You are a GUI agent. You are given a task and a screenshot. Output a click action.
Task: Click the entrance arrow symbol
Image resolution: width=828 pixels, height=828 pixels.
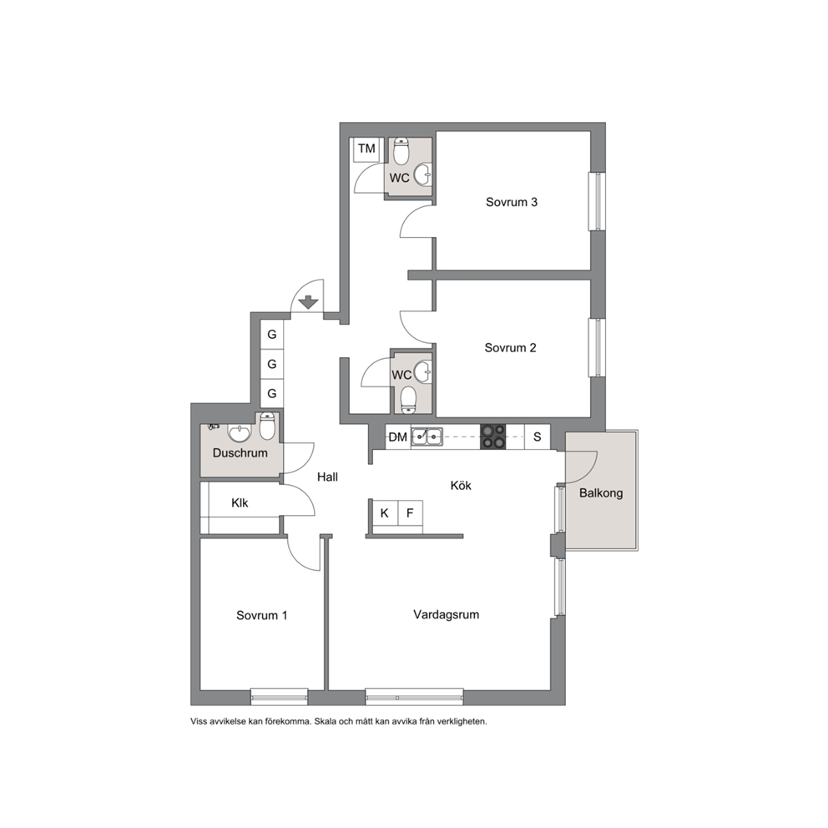coord(308,303)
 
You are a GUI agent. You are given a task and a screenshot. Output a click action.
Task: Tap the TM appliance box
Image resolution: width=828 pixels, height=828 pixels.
coord(366,150)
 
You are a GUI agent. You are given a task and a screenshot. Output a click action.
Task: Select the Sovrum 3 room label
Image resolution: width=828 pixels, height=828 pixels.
coord(511,202)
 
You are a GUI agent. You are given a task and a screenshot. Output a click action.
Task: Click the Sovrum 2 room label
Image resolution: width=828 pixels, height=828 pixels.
coord(510,347)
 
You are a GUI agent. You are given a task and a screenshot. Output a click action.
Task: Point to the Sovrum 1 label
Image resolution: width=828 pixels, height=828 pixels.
coord(261,615)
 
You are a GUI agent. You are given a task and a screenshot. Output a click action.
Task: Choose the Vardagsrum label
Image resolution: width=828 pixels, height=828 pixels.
coord(447,614)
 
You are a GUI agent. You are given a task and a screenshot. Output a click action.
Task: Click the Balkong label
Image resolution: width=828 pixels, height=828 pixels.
coord(601,493)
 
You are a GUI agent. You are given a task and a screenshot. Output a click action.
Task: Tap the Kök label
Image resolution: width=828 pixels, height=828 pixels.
coord(461,485)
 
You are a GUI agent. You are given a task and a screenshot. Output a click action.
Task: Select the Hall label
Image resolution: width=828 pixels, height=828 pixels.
coord(327,477)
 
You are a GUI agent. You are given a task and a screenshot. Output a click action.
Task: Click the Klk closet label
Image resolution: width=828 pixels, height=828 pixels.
coord(240,502)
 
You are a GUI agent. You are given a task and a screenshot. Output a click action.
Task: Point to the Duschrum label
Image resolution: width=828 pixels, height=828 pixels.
coord(240,452)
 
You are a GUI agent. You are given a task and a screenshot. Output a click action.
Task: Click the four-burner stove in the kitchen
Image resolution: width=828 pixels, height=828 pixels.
coord(492,437)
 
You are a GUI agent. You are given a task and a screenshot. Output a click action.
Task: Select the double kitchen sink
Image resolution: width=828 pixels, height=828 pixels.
coord(427,437)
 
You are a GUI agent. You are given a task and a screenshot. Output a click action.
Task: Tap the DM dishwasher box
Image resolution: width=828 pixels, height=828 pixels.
coord(398,437)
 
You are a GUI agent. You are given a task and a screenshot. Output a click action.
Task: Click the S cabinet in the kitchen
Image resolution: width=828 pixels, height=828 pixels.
coord(537,437)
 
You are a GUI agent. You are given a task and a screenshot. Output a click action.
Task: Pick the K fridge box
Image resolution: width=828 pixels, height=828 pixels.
coord(385,512)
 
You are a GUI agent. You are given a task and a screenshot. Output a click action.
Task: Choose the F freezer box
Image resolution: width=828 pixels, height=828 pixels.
coord(410,512)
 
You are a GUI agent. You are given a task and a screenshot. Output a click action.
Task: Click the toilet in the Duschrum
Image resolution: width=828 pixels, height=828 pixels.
coord(267,427)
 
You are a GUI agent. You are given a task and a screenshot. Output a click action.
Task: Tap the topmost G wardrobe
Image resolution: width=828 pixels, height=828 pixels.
coord(272,334)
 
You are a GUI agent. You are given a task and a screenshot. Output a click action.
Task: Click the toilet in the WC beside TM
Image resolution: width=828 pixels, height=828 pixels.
coord(401,151)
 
